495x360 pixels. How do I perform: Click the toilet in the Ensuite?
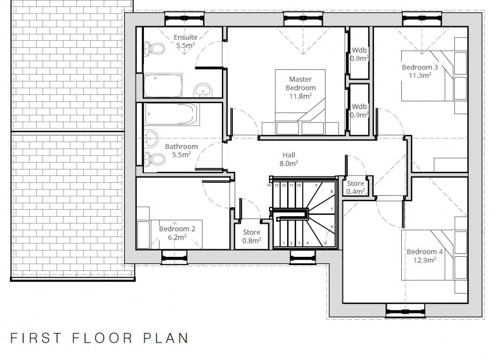(x=154, y=48)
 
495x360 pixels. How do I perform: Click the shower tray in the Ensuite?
(x=163, y=84)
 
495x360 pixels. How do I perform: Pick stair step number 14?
(x=270, y=185)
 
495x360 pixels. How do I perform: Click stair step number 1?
(x=284, y=243)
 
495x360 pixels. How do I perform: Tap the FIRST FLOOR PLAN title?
(x=99, y=337)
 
